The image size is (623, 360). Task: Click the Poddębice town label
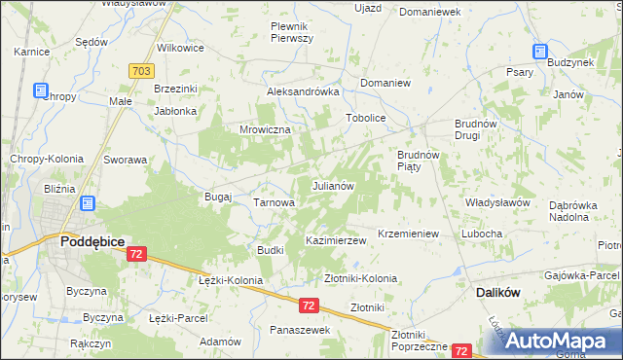click(x=90, y=240)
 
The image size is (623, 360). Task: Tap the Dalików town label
click(x=500, y=291)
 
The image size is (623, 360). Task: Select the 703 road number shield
click(x=140, y=70)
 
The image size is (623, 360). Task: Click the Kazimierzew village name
click(x=335, y=240)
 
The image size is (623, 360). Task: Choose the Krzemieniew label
click(x=410, y=234)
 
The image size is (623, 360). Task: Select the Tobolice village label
click(x=366, y=118)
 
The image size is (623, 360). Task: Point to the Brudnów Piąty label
click(x=420, y=161)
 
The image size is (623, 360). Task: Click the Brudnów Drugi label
click(x=477, y=130)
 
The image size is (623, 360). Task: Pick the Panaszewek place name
click(x=301, y=330)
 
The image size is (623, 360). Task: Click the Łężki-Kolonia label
click(x=230, y=280)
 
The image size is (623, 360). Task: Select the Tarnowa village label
click(x=274, y=202)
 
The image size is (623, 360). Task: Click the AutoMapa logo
click(x=556, y=341)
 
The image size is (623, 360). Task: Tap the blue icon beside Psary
click(x=538, y=53)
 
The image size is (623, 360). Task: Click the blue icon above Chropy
click(x=41, y=90)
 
